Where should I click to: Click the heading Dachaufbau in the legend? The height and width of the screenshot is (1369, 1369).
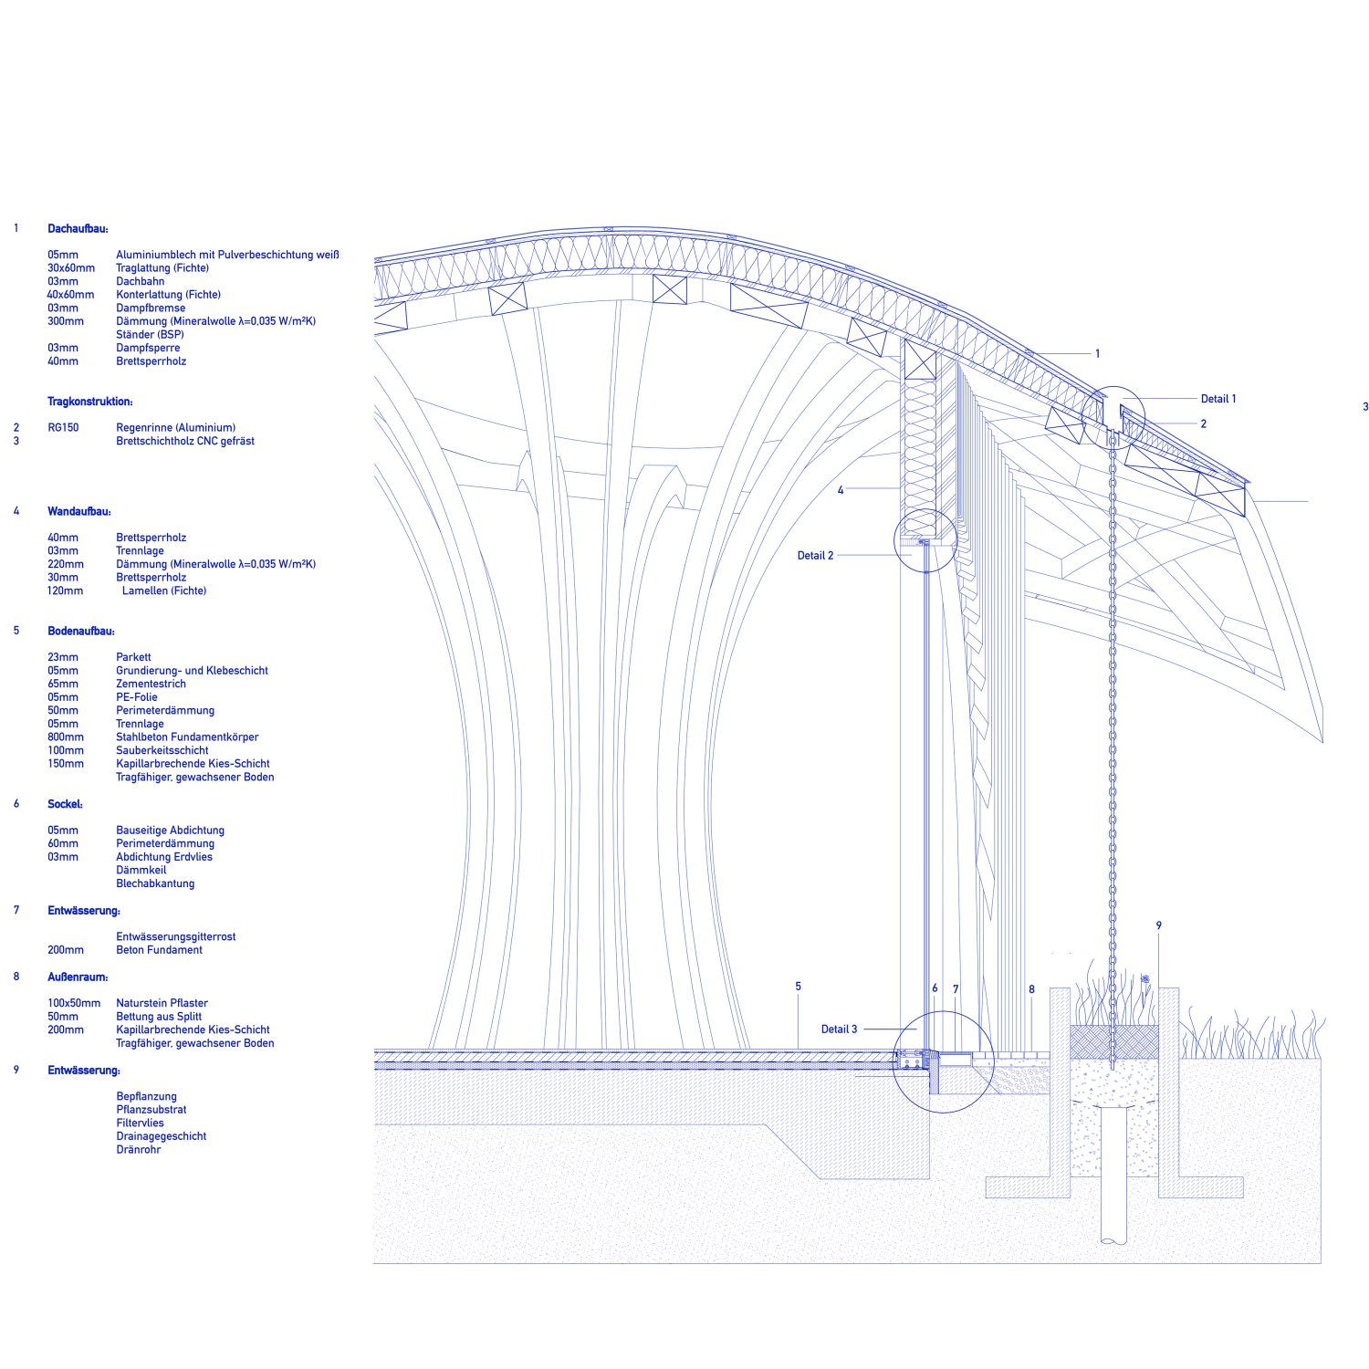(78, 229)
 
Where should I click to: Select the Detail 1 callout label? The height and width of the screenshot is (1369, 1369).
(1218, 399)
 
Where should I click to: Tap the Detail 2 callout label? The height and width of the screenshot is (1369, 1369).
(815, 555)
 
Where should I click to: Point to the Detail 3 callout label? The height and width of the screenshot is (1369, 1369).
(839, 1029)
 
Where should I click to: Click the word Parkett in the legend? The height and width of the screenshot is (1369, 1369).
(133, 657)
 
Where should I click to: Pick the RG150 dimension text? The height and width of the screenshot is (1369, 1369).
(63, 428)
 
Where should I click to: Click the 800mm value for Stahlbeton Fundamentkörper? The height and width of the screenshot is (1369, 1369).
(66, 737)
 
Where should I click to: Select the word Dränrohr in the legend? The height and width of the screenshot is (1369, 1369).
(138, 1150)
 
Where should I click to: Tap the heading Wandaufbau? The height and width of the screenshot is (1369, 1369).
(79, 512)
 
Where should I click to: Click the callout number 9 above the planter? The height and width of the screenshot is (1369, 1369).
(1159, 925)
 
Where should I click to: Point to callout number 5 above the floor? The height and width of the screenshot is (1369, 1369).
(798, 987)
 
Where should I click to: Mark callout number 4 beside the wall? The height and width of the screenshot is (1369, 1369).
(841, 491)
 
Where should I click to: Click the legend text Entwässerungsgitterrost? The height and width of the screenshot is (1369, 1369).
(176, 937)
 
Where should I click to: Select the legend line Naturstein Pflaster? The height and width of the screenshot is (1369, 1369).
(162, 1003)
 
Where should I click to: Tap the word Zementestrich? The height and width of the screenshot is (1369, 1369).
(151, 684)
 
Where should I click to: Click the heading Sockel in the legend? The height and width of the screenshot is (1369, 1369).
(65, 804)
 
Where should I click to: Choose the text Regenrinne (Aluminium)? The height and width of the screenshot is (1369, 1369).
(175, 428)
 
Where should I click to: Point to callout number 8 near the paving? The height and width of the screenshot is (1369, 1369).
(1031, 989)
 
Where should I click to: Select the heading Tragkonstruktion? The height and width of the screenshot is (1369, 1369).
(90, 402)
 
